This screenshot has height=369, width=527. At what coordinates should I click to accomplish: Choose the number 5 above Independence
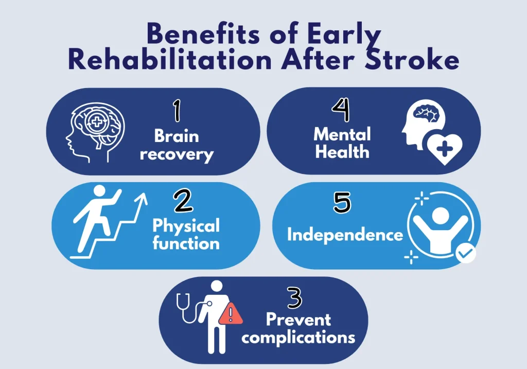[x=342, y=202]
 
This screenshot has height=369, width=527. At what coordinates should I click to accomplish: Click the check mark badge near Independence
[x=466, y=253]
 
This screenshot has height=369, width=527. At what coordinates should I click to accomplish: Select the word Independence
[x=345, y=235]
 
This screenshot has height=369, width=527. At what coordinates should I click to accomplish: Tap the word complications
[x=298, y=338]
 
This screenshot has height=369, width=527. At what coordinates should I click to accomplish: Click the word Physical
[x=186, y=225]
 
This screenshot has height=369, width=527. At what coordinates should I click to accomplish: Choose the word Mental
[x=342, y=134]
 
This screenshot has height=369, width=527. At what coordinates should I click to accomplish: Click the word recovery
[x=176, y=154]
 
